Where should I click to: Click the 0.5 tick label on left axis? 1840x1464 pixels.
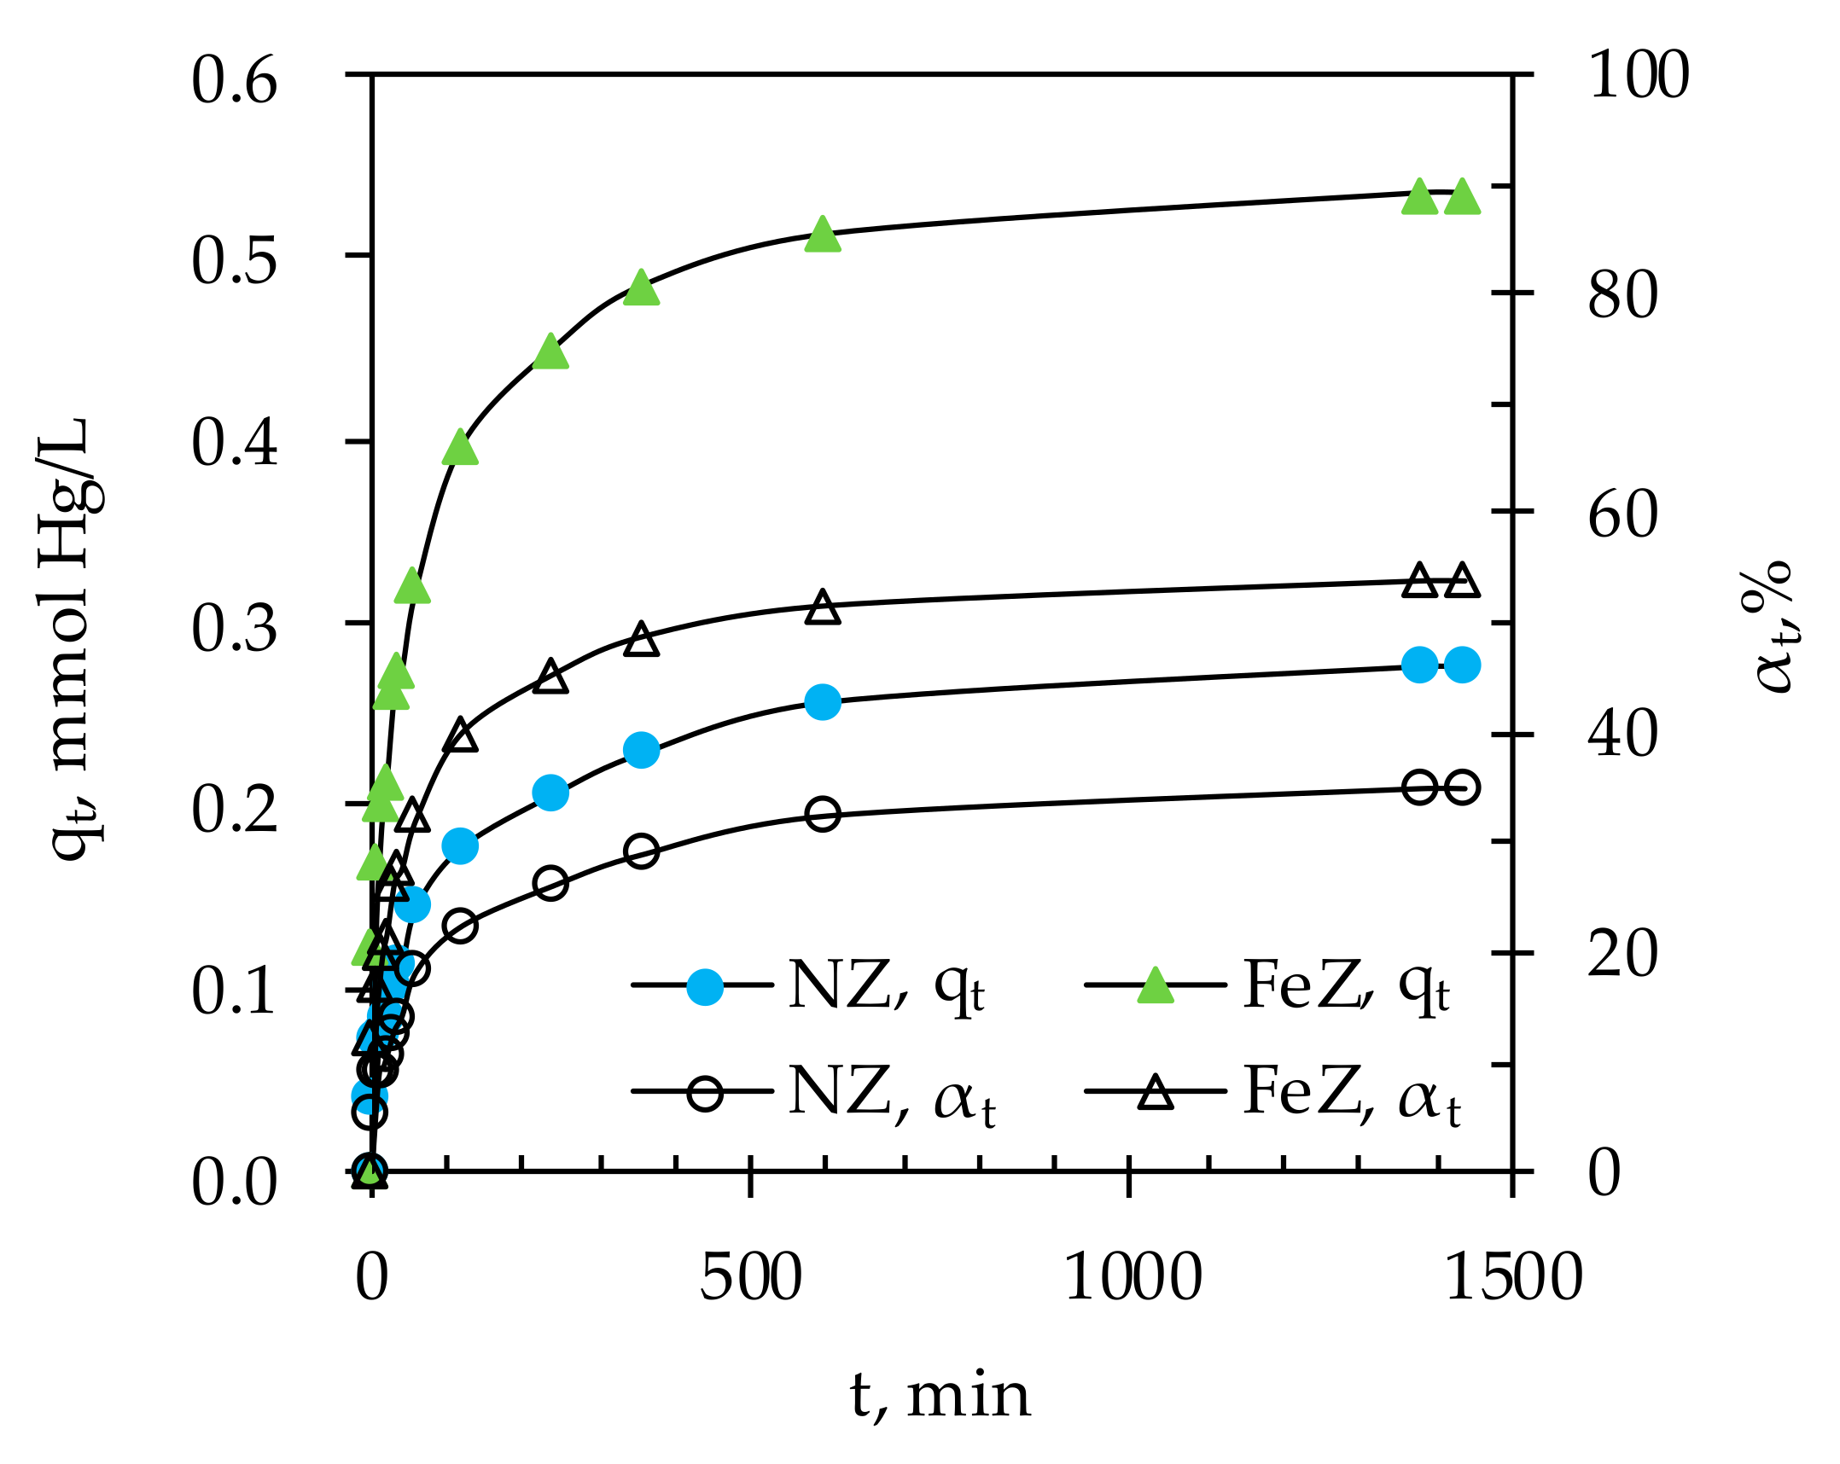click(x=234, y=260)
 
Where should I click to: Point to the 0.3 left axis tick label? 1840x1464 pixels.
click(x=234, y=630)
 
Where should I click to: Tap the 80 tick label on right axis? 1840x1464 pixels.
click(x=1622, y=296)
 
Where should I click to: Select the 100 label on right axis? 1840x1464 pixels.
click(x=1638, y=76)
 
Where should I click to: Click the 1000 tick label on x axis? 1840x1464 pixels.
click(x=1133, y=1278)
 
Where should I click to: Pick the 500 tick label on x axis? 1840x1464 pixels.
click(x=750, y=1278)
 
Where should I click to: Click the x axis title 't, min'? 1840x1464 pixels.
click(x=940, y=1396)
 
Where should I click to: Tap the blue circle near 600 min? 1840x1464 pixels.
click(x=823, y=702)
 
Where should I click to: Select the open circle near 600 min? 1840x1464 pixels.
click(x=823, y=815)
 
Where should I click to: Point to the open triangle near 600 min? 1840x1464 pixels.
click(x=823, y=607)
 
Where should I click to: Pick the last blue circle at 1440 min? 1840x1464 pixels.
click(x=1462, y=665)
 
